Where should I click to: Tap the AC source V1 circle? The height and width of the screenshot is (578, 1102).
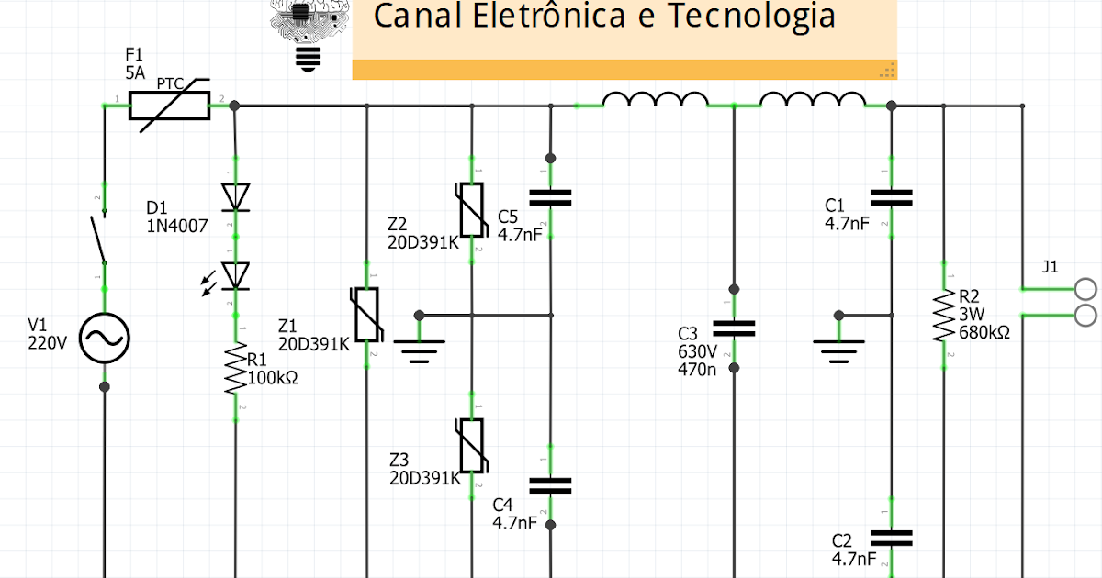[104, 339]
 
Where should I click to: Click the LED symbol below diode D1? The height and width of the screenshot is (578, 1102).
[236, 275]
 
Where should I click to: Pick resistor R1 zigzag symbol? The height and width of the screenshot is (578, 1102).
[236, 370]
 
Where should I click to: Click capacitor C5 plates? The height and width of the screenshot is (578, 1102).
[550, 197]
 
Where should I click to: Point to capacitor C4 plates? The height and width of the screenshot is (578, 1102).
[550, 486]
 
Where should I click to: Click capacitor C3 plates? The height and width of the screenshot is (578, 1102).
[734, 328]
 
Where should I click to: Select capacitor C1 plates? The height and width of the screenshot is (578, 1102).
[891, 197]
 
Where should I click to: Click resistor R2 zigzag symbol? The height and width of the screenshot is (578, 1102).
[943, 316]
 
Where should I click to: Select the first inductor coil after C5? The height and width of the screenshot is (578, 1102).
[655, 99]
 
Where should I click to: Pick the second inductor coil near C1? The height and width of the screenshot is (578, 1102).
[813, 99]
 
